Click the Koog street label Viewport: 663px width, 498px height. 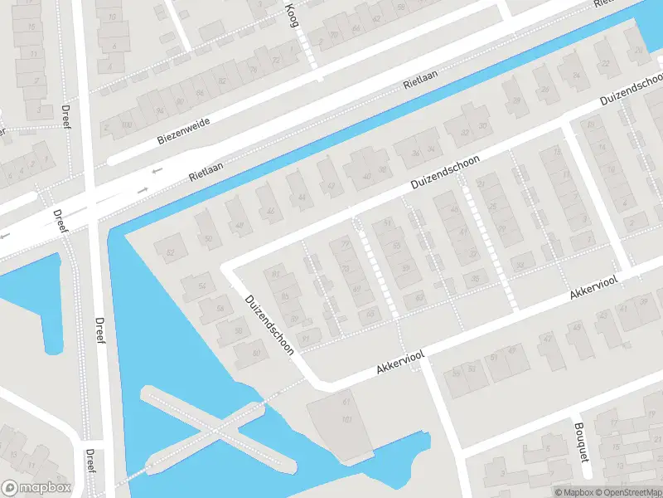pos(291,14)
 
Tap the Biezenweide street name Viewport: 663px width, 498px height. pos(184,131)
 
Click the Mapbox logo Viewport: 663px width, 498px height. pos(36,488)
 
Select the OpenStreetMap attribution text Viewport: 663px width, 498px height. pos(627,492)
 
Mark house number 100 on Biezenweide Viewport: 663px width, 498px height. pos(125,125)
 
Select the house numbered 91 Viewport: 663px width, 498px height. pos(308,338)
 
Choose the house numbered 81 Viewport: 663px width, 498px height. pos(277,273)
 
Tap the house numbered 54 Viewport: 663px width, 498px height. pos(201,286)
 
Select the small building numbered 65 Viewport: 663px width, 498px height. pos(369,313)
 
